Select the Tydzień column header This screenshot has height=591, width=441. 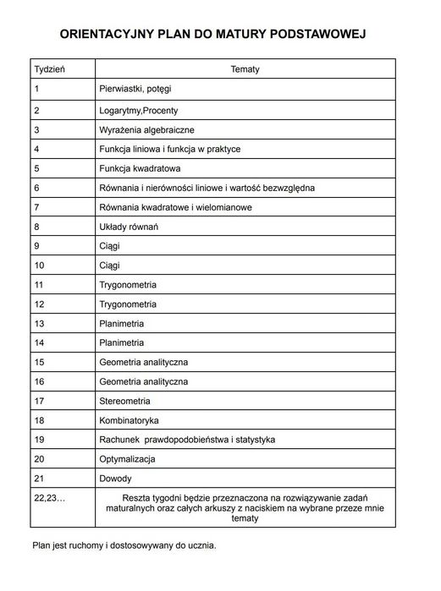pos(50,68)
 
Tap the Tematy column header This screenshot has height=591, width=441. pos(245,68)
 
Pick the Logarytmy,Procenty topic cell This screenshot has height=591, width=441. pos(139,110)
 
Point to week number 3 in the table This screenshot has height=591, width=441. pos(37,129)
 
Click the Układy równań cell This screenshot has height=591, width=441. pos(129,227)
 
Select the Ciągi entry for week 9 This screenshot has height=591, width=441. pos(110,246)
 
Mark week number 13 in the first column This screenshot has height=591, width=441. pos(39,324)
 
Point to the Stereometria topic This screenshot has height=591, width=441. pos(125,401)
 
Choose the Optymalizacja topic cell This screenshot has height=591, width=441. pos(128,459)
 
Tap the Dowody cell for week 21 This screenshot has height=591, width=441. pos(116,479)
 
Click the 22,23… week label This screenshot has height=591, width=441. pos(49,497)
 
